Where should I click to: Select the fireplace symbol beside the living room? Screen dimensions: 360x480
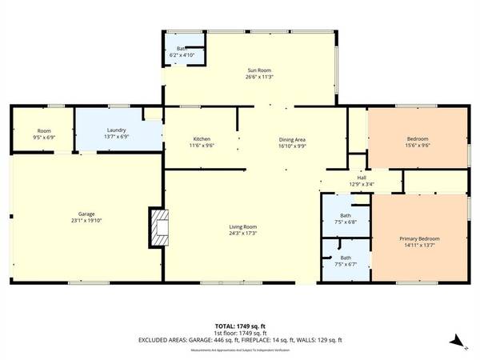[x=160, y=226]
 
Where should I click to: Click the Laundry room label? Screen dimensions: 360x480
[x=117, y=130]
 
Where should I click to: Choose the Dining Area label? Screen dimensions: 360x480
[x=293, y=139]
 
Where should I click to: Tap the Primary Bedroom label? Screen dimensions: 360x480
[x=419, y=238]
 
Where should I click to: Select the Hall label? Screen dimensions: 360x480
[x=361, y=178]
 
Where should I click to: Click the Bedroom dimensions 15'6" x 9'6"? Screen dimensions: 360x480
[x=418, y=146]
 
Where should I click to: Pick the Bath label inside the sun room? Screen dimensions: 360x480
[x=182, y=49]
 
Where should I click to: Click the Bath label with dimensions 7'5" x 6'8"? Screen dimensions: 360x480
[x=346, y=215]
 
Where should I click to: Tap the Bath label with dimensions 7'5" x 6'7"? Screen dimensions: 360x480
[x=346, y=257]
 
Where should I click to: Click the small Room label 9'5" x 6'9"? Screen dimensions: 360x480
[x=44, y=130]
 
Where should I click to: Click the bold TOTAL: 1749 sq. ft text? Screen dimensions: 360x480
[x=240, y=326]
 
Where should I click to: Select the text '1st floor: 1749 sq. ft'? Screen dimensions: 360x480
[x=240, y=333]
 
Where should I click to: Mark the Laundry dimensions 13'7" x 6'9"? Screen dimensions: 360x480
[x=117, y=137]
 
